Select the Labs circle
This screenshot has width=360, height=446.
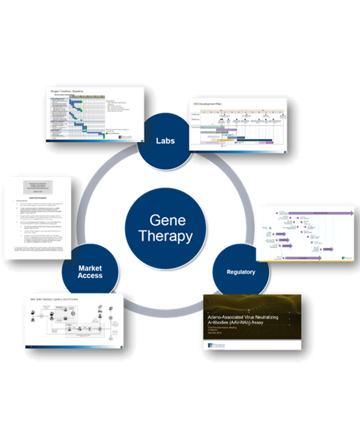pos(166,140)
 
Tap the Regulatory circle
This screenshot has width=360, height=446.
pos(240,272)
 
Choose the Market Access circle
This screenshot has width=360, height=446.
pos(90,272)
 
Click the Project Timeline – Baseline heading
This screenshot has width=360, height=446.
pos(69,91)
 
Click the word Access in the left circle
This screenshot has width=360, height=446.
pos(90,276)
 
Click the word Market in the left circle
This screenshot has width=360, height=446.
pos(90,268)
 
